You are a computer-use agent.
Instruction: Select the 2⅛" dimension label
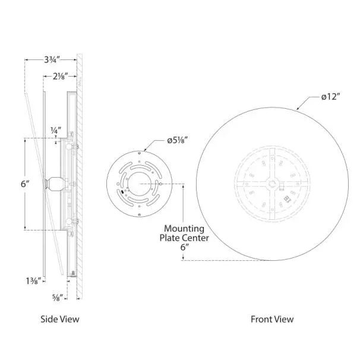pyautogui.click(x=59, y=76)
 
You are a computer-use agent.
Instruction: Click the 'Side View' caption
pyautogui.click(x=59, y=319)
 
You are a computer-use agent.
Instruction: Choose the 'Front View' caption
pyautogui.click(x=272, y=319)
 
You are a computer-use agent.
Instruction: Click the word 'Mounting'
pyautogui.click(x=185, y=229)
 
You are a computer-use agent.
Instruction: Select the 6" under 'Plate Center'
pyautogui.click(x=185, y=248)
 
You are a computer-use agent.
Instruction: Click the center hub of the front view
pyautogui.click(x=273, y=184)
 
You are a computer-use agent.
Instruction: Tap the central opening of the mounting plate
pyautogui.click(x=140, y=184)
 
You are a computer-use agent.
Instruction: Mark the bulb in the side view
pyautogui.click(x=53, y=184)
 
